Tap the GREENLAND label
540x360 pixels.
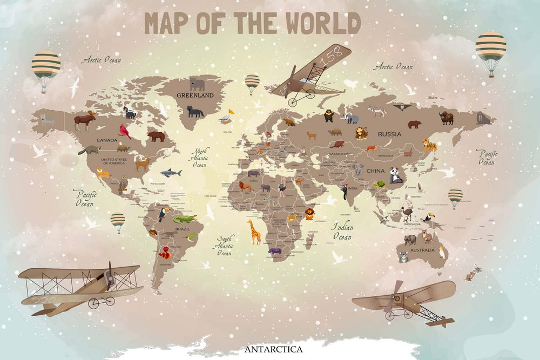point(195,96)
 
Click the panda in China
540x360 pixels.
point(396,175)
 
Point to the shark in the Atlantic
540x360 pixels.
point(171,173)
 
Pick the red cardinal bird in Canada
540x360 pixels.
point(125,131)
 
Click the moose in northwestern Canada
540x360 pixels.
point(84,120)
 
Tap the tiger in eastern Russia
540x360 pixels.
point(430,145)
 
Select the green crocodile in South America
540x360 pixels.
point(185,219)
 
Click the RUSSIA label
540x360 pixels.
point(389,134)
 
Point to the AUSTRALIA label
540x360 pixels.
point(422,250)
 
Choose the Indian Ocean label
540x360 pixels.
point(342,232)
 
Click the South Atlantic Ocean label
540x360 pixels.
point(225,246)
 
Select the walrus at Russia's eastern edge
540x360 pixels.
point(483,118)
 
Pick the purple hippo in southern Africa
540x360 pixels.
point(275,252)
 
